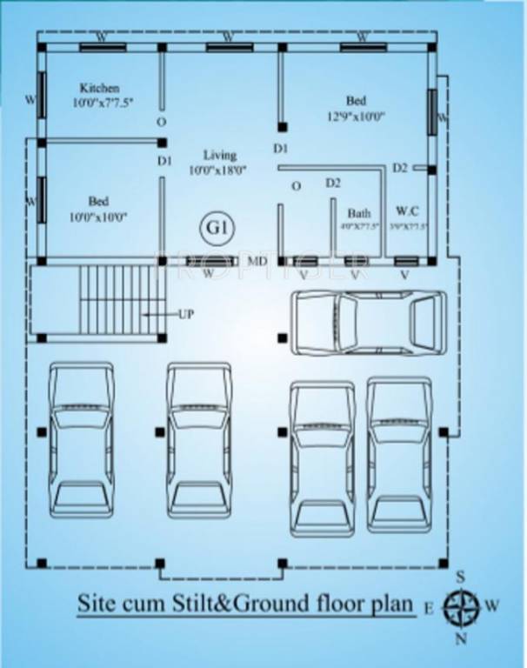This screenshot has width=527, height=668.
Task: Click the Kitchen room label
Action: pos(99,88)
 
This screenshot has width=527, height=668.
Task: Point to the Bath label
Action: pos(359,212)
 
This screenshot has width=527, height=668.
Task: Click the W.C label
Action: pos(407,210)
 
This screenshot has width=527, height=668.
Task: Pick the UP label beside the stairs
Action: pos(186,313)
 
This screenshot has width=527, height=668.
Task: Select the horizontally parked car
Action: pos(368,321)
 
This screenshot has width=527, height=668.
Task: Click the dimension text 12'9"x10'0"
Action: pos(357,115)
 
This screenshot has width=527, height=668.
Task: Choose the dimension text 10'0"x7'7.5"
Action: pos(103,103)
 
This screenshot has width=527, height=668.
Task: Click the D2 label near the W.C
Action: pos(399,168)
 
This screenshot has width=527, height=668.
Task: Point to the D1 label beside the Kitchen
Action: pos(165,161)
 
